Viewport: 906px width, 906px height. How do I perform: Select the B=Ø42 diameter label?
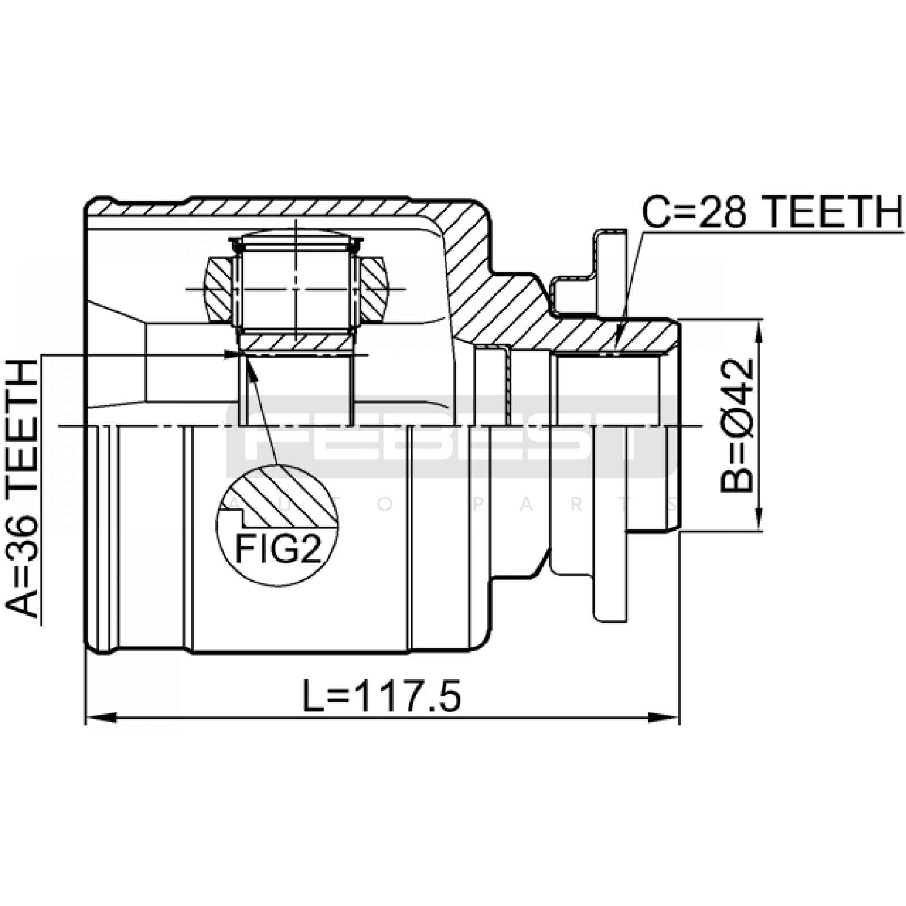coord(737,425)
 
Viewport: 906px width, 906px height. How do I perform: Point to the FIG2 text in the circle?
coord(277,548)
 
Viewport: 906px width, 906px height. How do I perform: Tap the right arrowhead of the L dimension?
coord(664,718)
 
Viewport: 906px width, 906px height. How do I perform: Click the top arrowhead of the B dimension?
coord(758,336)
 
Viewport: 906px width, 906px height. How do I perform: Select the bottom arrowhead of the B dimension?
coord(758,516)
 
